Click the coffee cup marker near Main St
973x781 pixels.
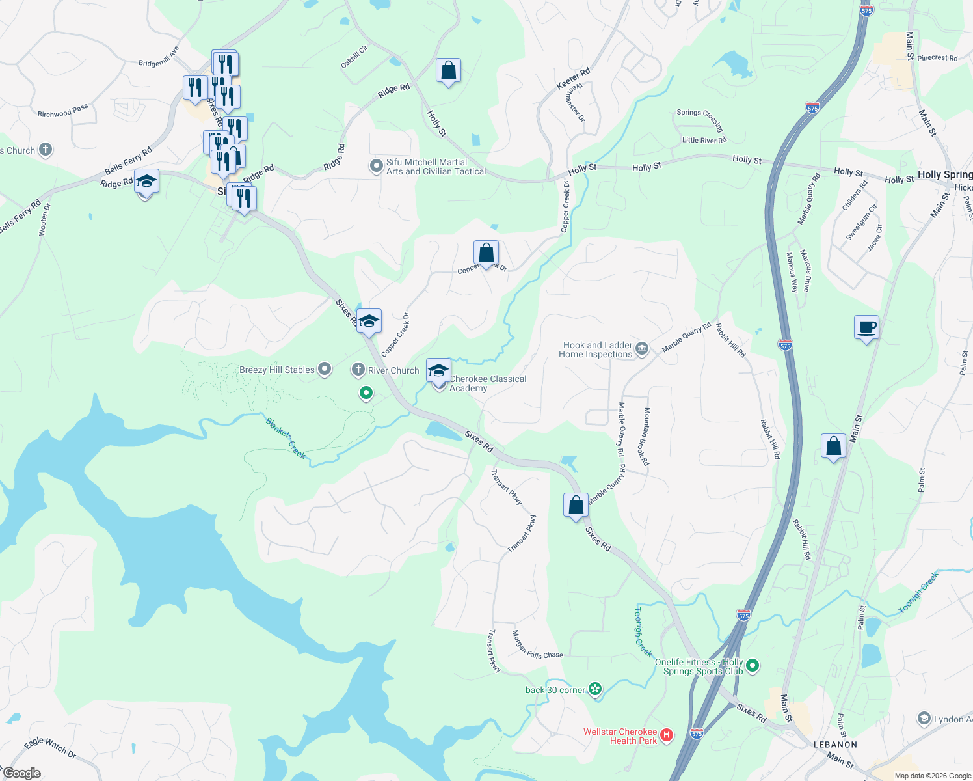coord(866,327)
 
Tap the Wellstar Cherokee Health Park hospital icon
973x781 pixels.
coord(667,735)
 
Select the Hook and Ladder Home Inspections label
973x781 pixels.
coord(597,350)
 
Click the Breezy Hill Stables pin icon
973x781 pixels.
coord(325,370)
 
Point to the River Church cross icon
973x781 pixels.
coord(358,370)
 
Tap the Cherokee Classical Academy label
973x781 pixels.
coord(488,383)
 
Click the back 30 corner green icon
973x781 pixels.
coord(595,689)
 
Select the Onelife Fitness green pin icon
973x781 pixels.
coord(753,665)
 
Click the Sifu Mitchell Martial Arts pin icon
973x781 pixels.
coord(376,166)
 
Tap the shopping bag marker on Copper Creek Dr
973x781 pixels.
coord(486,253)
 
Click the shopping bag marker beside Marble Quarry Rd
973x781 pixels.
coord(576,505)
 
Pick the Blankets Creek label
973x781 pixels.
coord(286,438)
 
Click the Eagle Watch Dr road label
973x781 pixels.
coord(50,747)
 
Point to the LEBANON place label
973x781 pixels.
coord(835,744)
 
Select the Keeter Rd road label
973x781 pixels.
coord(573,79)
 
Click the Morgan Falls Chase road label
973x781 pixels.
coord(537,644)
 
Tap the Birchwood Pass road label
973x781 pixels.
coord(62,111)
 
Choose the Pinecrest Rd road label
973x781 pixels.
coord(937,58)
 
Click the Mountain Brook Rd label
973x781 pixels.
coord(646,437)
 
